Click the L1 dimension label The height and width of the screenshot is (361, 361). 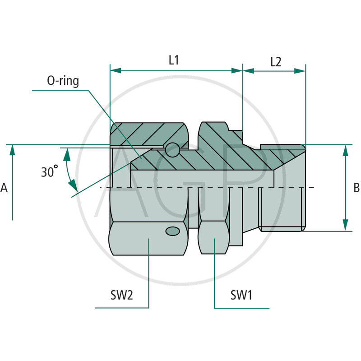pos(174,60)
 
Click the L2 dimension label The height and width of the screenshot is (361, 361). pos(276,62)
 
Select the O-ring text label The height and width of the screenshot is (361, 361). pos(63,81)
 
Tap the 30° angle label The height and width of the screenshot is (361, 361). pos(50,171)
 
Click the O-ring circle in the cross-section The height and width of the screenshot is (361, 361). pos(172,150)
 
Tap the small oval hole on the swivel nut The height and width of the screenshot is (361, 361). pos(173,231)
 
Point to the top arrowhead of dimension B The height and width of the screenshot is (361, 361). pos(346,151)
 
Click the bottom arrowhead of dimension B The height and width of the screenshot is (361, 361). pos(346,225)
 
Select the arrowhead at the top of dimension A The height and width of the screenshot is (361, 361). pos(13,151)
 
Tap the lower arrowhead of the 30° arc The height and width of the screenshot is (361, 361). pos(73,185)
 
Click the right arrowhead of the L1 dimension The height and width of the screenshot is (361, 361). pos(237,70)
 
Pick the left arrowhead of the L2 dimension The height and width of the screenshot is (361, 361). pos(248,70)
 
